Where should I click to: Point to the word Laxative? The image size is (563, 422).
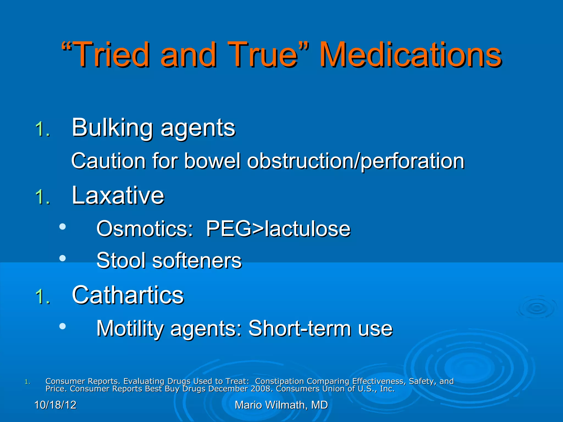coord(118,195)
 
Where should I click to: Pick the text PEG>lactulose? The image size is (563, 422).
coord(278,229)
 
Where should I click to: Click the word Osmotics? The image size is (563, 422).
coord(145,229)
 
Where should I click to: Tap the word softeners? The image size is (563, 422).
coord(197,260)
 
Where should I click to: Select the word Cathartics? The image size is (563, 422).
coord(128,295)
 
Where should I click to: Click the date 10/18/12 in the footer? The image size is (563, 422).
coord(55,405)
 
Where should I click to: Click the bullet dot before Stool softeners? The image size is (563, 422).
coord(63,258)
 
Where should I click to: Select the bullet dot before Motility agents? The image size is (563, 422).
coord(63,326)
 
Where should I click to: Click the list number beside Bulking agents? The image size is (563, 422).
coord(43,129)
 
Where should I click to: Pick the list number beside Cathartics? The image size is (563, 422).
coord(43,297)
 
